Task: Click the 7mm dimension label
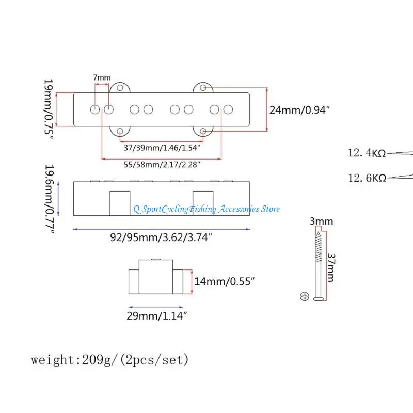(102, 77)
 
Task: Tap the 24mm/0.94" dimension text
(299, 110)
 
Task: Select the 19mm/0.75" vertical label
(49, 109)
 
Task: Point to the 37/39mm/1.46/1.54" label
(162, 148)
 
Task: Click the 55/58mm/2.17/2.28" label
(162, 165)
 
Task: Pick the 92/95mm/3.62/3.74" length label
(161, 237)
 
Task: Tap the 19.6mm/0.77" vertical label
(50, 199)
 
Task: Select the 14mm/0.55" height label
(225, 281)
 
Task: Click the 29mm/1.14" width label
(157, 315)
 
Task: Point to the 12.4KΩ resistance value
(367, 153)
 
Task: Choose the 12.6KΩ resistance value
(367, 178)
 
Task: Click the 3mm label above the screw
(321, 221)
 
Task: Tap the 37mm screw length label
(331, 267)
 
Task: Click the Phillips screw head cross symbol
(305, 296)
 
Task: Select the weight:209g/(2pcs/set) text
(110, 360)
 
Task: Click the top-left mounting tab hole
(120, 88)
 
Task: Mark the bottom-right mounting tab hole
(203, 131)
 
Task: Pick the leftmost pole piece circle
(95, 109)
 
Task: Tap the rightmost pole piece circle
(228, 109)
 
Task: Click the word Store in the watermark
(270, 209)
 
